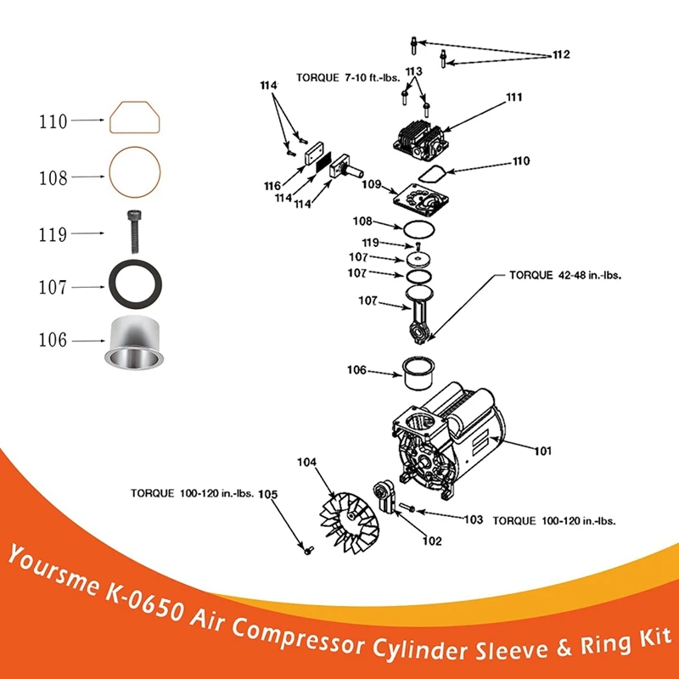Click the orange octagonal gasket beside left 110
click(x=136, y=117)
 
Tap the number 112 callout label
click(x=560, y=55)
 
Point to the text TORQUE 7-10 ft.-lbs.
click(x=348, y=76)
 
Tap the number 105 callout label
click(x=267, y=493)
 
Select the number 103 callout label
click(x=473, y=519)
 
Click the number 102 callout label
click(x=432, y=540)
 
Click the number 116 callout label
click(x=272, y=186)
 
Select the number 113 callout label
click(x=414, y=70)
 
